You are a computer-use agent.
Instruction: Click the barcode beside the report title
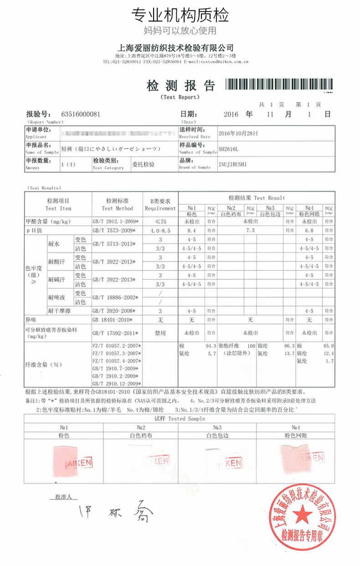[280, 85]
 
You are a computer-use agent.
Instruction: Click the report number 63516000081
[80, 114]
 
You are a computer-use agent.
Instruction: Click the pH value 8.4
[191, 231]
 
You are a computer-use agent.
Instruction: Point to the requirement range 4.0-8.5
[160, 231]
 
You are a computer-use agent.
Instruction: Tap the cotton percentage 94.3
[211, 346]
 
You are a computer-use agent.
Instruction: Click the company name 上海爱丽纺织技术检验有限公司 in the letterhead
[176, 48]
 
